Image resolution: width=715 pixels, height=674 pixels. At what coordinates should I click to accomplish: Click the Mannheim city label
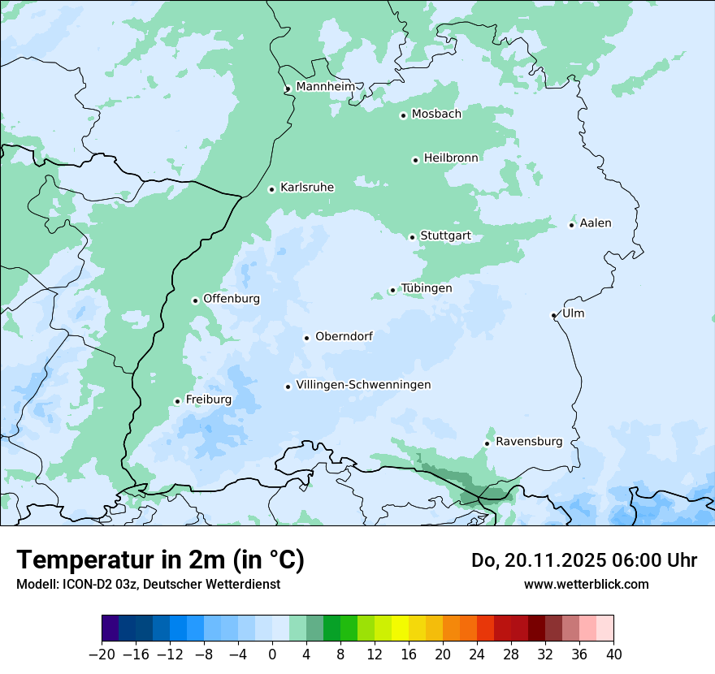[325, 86]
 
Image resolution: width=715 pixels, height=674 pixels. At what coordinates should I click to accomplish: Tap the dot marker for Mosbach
[403, 115]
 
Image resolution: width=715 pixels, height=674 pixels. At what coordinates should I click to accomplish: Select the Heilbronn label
[451, 158]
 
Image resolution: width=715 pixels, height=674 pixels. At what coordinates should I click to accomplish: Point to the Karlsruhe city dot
[272, 189]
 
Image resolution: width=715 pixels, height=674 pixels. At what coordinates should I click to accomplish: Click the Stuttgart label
[445, 236]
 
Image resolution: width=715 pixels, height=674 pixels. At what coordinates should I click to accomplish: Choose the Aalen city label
[596, 223]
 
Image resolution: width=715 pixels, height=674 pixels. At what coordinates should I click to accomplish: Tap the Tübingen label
[427, 288]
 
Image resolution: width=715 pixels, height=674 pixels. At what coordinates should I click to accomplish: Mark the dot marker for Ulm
[554, 315]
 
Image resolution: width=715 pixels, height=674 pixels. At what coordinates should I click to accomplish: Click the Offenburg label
[232, 298]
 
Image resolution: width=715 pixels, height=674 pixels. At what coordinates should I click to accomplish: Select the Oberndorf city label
[344, 336]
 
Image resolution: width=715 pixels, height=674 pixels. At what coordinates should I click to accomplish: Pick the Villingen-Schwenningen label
[363, 384]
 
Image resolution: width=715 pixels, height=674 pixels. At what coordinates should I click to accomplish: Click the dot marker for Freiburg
[177, 401]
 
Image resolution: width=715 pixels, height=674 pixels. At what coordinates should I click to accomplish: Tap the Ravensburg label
[529, 442]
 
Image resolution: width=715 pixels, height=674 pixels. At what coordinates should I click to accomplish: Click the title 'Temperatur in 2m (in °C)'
[160, 560]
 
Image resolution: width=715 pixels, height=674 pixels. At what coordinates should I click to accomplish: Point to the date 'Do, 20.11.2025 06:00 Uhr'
[584, 560]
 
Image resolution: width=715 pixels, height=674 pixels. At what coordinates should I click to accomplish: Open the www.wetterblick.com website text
[586, 584]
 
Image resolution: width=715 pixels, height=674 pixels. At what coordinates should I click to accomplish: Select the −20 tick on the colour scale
[102, 655]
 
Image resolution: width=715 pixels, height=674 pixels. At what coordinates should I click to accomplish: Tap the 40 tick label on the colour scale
[613, 655]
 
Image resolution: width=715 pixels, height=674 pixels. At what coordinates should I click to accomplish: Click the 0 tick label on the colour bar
[272, 655]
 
